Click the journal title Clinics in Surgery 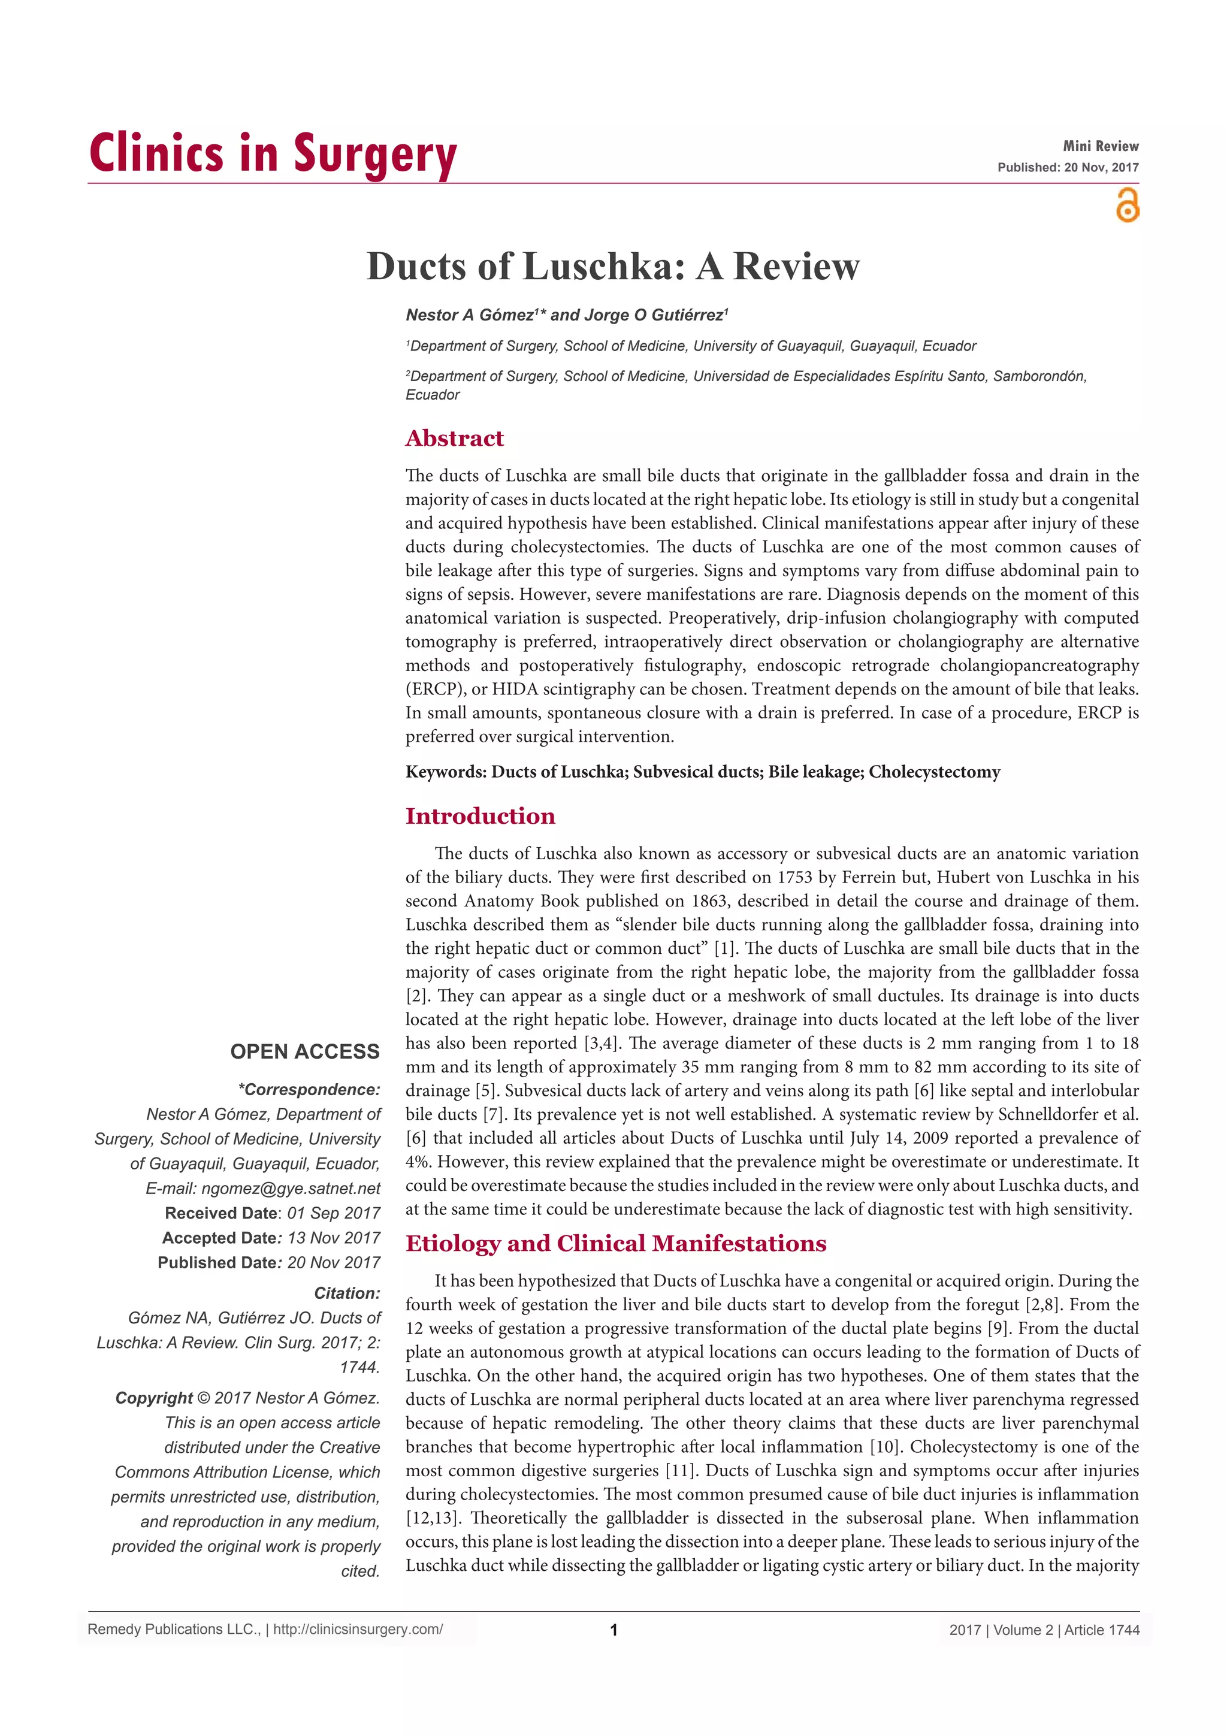pyautogui.click(x=273, y=153)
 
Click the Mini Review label pyautogui.click(x=1100, y=146)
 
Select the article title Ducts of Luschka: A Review pyautogui.click(x=613, y=266)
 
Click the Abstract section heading pyautogui.click(x=454, y=439)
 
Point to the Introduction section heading pyautogui.click(x=480, y=816)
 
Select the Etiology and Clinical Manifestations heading pyautogui.click(x=616, y=1244)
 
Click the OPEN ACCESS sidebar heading pyautogui.click(x=304, y=1052)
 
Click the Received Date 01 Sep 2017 pyautogui.click(x=333, y=1213)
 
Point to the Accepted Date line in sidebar pyautogui.click(x=270, y=1238)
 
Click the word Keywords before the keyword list pyautogui.click(x=445, y=772)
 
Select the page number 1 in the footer pyautogui.click(x=613, y=1630)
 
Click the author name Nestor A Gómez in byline pyautogui.click(x=469, y=315)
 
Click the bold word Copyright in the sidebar pyautogui.click(x=154, y=1398)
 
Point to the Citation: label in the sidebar pyautogui.click(x=347, y=1293)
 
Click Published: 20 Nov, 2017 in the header pyautogui.click(x=1068, y=168)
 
